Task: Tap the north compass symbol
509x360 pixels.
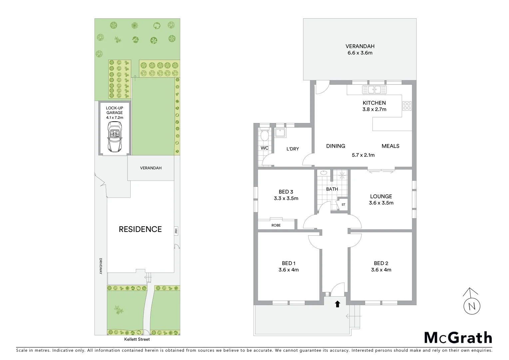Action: click(x=472, y=303)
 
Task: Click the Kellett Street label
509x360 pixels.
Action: click(x=137, y=339)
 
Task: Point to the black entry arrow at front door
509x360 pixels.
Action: click(x=337, y=304)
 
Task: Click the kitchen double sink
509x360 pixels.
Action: click(x=375, y=89)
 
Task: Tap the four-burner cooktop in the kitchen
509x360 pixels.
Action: click(x=407, y=106)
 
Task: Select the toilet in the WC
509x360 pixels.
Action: click(x=265, y=135)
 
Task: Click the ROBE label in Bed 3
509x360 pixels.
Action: click(x=276, y=225)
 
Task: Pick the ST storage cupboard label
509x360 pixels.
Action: click(x=343, y=205)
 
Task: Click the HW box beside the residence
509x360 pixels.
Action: click(x=176, y=230)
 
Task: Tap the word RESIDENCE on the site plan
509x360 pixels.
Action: click(x=140, y=229)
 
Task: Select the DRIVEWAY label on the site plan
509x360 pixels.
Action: click(x=100, y=266)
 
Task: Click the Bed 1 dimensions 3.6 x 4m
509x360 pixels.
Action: click(x=288, y=270)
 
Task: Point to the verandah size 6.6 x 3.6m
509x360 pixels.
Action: click(x=360, y=53)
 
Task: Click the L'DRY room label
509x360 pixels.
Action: click(x=292, y=149)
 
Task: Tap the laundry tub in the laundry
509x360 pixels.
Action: click(x=280, y=133)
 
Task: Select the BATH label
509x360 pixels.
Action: click(x=332, y=189)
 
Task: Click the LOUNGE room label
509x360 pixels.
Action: click(x=381, y=196)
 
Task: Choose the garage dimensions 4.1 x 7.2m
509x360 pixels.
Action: click(x=115, y=117)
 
